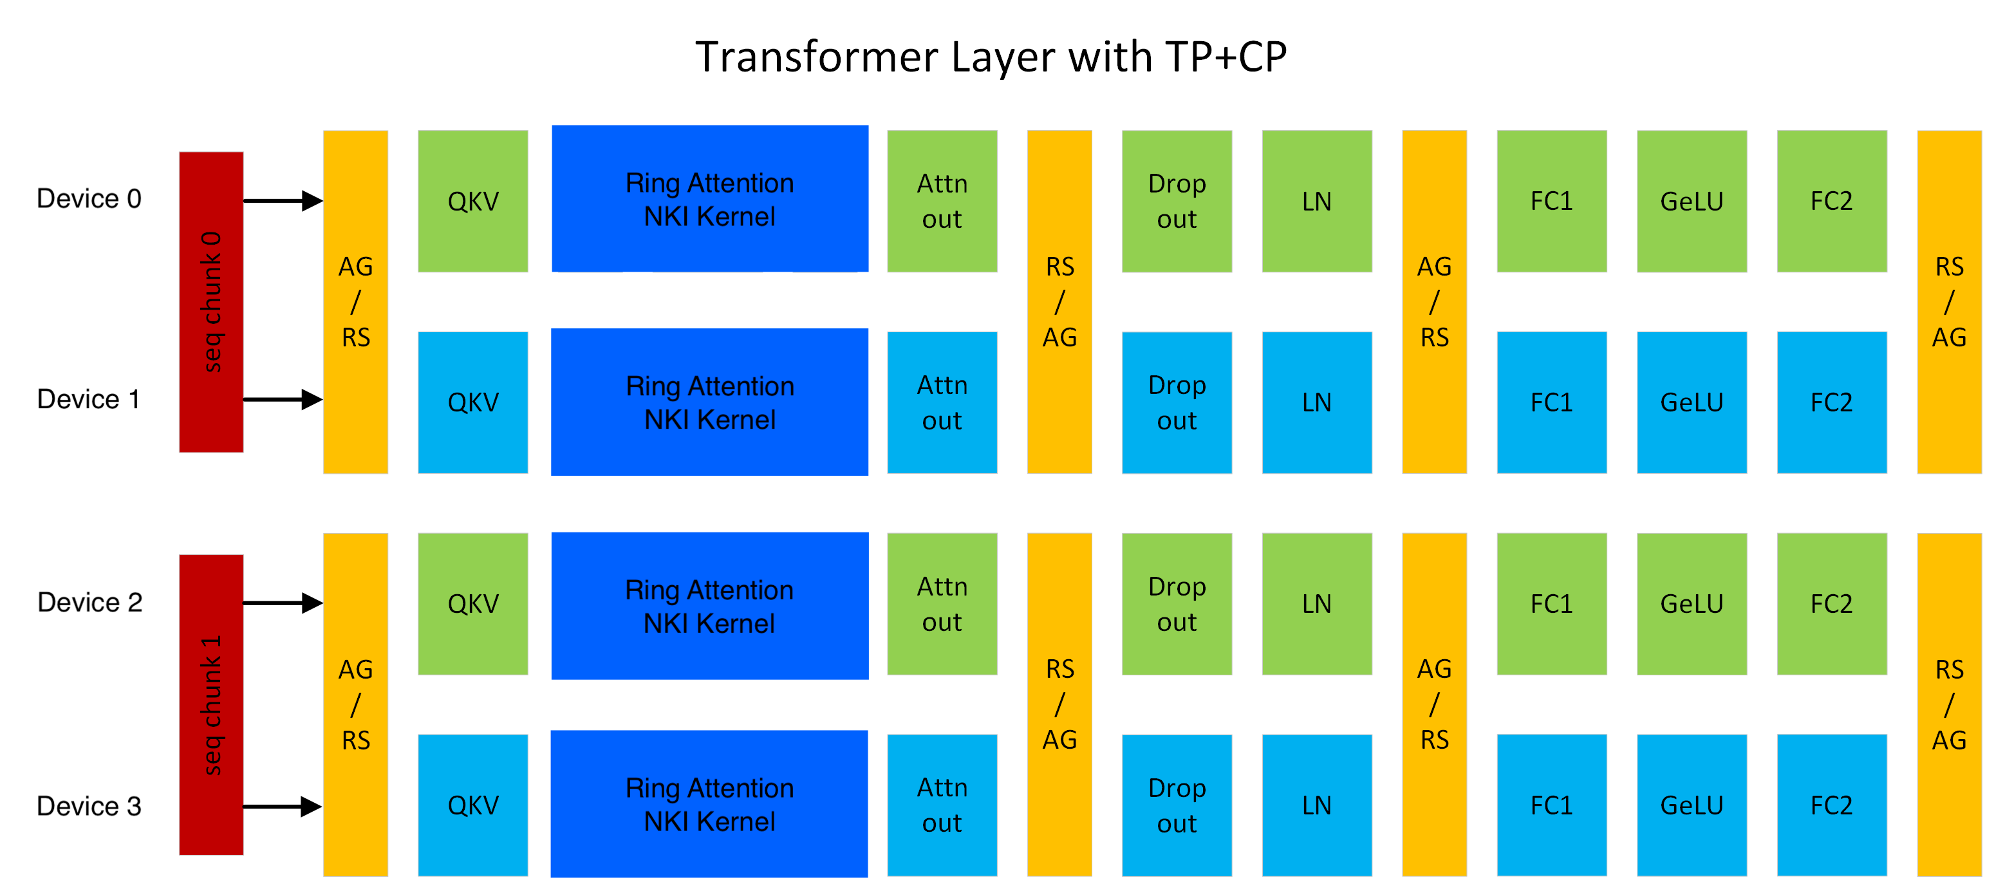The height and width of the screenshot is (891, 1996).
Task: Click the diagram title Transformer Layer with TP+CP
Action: click(x=990, y=57)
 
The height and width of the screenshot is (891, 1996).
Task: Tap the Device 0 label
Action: click(x=89, y=198)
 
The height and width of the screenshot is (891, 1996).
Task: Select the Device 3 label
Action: click(x=89, y=806)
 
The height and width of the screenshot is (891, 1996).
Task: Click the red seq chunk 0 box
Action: click(x=210, y=301)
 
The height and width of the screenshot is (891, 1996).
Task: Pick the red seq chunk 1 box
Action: click(x=210, y=704)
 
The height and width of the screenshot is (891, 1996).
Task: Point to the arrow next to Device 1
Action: click(x=283, y=400)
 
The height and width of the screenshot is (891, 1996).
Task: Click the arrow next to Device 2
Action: click(x=283, y=603)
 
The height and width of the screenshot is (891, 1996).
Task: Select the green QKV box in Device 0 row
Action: click(x=472, y=201)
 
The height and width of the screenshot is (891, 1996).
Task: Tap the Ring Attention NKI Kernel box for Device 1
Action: click(x=709, y=402)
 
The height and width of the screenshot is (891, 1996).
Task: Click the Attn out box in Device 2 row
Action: click(x=942, y=604)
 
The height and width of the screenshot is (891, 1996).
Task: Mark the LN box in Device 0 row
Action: click(x=1316, y=201)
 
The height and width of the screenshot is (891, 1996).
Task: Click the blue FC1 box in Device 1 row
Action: click(x=1551, y=402)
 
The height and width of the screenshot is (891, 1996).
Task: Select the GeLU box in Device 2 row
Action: click(x=1692, y=604)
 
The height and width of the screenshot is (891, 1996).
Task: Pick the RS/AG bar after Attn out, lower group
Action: click(x=1059, y=704)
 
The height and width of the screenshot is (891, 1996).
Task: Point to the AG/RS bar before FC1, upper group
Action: click(x=1434, y=301)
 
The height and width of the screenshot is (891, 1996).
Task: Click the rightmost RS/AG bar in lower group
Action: click(x=1949, y=704)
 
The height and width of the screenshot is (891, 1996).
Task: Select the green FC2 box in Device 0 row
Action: click(x=1831, y=201)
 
